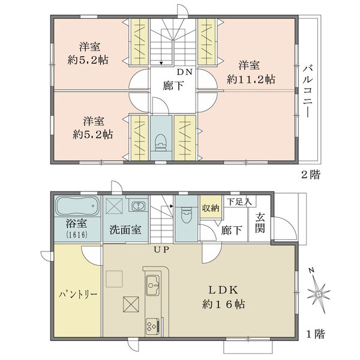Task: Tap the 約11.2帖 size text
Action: [x=251, y=79]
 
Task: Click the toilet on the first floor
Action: [x=186, y=213]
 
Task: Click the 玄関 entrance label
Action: [x=261, y=223]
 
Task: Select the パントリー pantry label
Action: [x=78, y=296]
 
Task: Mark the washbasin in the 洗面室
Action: [x=137, y=206]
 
